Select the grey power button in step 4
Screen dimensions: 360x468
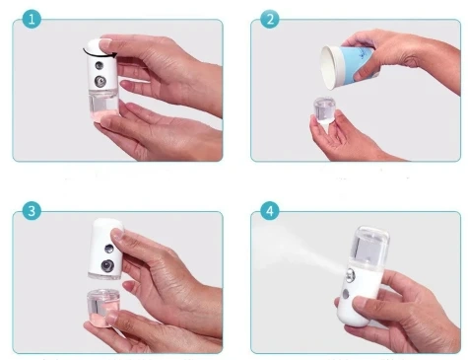[x=352, y=292]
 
